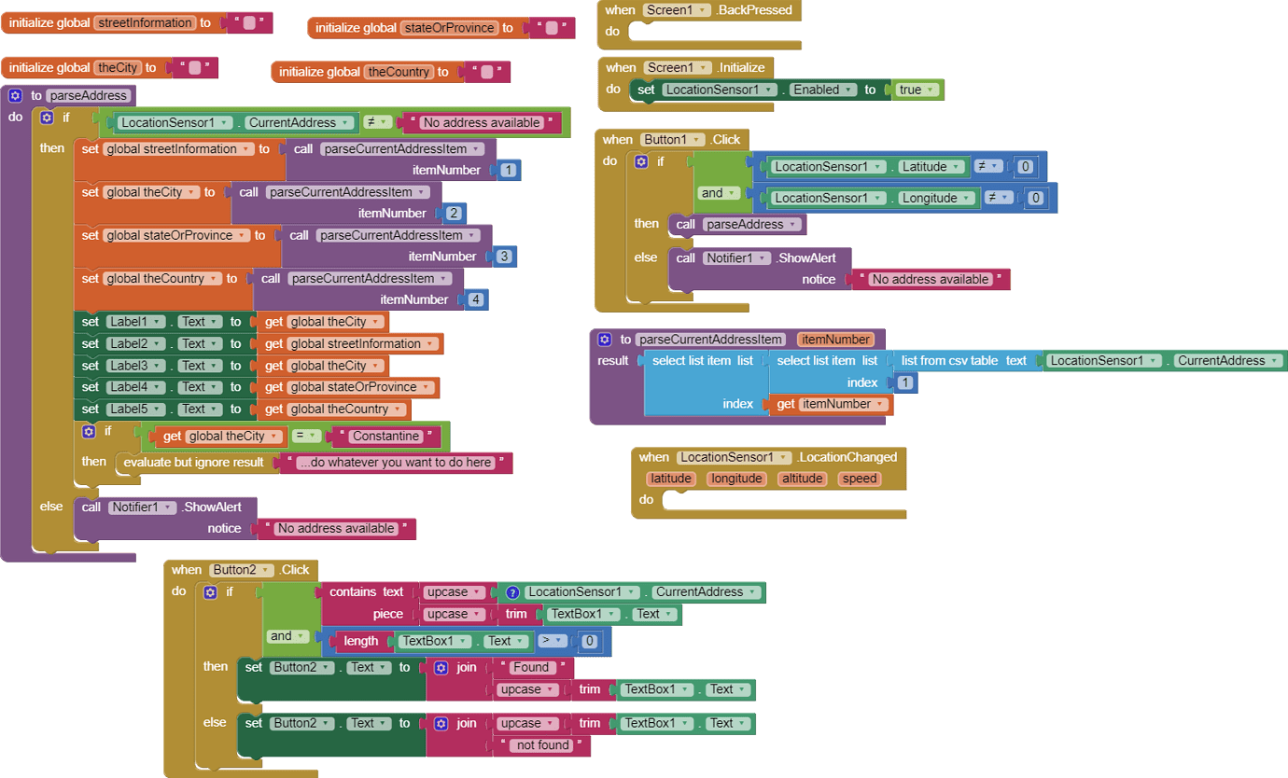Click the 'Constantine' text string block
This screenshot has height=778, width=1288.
tap(385, 437)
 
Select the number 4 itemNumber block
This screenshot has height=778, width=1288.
tap(476, 299)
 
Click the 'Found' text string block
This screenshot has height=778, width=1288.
tap(531, 667)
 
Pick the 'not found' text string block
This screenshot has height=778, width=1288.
tap(542, 745)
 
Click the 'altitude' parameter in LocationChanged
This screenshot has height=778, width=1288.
tap(802, 479)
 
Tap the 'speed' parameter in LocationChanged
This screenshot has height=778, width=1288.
tap(859, 479)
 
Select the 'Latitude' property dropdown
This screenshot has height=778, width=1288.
tap(929, 167)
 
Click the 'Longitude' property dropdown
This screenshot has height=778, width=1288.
tap(934, 198)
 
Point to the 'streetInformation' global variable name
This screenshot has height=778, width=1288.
tap(144, 22)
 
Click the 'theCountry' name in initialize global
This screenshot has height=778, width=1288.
tap(399, 72)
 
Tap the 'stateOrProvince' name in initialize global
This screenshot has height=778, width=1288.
tap(449, 28)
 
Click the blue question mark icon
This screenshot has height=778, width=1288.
tap(511, 592)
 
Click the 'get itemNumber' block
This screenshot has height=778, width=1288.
tap(830, 404)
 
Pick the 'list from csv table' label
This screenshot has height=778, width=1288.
tap(948, 361)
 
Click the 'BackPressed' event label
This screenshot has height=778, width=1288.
tap(754, 10)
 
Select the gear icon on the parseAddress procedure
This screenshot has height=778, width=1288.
tap(15, 95)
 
